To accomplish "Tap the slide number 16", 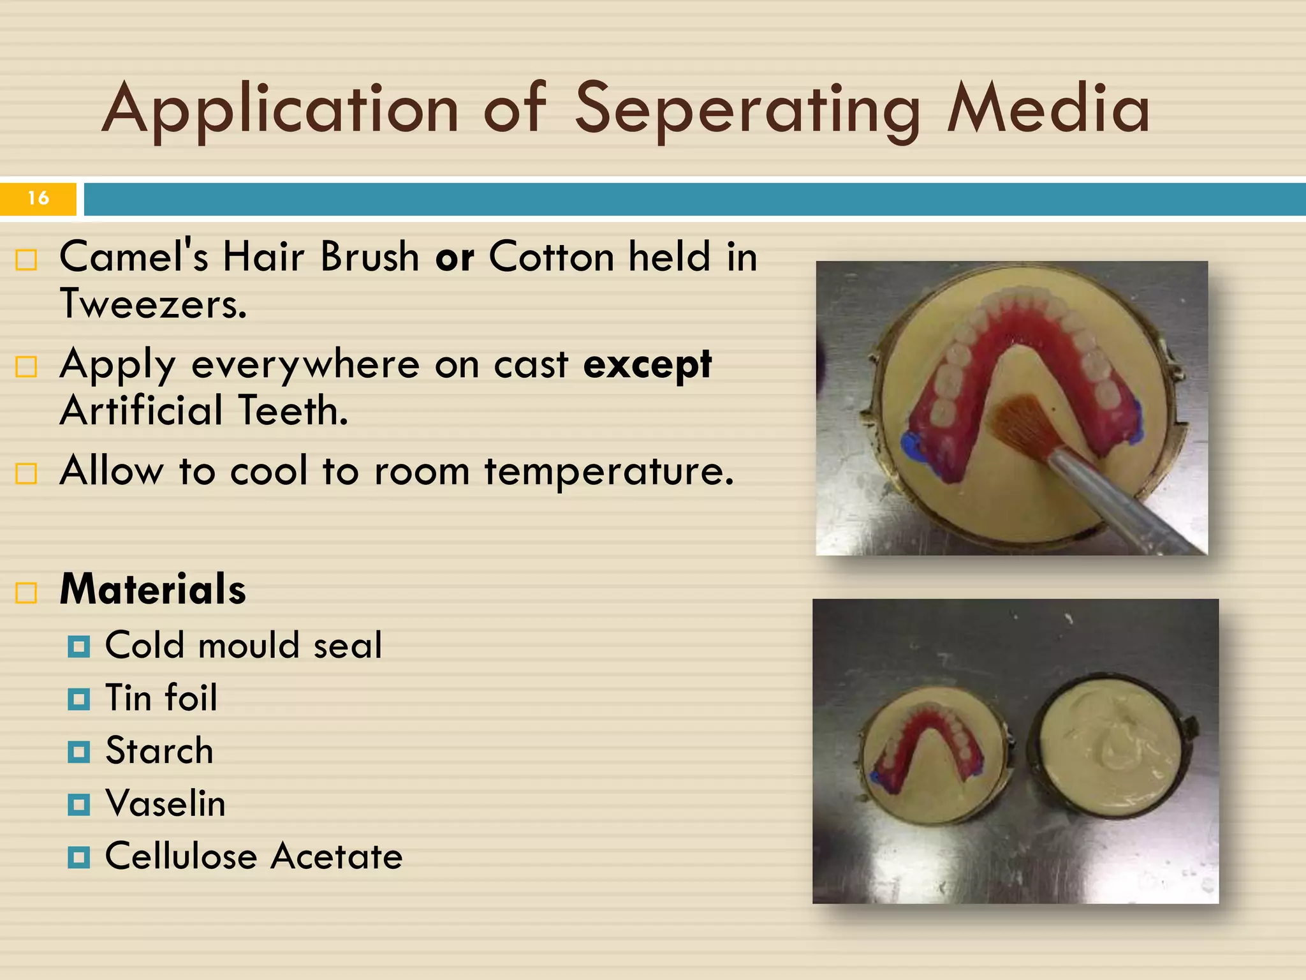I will [x=38, y=198].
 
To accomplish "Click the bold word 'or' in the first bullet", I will [x=455, y=257].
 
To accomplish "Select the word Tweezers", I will [x=153, y=304].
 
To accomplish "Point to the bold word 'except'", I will [x=647, y=365].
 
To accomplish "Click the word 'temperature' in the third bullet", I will [x=609, y=471].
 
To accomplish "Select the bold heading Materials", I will [x=153, y=589].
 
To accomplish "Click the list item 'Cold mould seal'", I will [x=244, y=645].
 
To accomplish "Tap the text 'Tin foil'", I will [x=161, y=697].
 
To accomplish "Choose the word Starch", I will [x=159, y=750].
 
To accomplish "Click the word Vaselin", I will [x=166, y=803].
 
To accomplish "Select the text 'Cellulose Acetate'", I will [x=254, y=856].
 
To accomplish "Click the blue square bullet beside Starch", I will [x=78, y=752].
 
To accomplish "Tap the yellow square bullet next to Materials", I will [x=26, y=592].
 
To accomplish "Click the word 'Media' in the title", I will [x=1048, y=110].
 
